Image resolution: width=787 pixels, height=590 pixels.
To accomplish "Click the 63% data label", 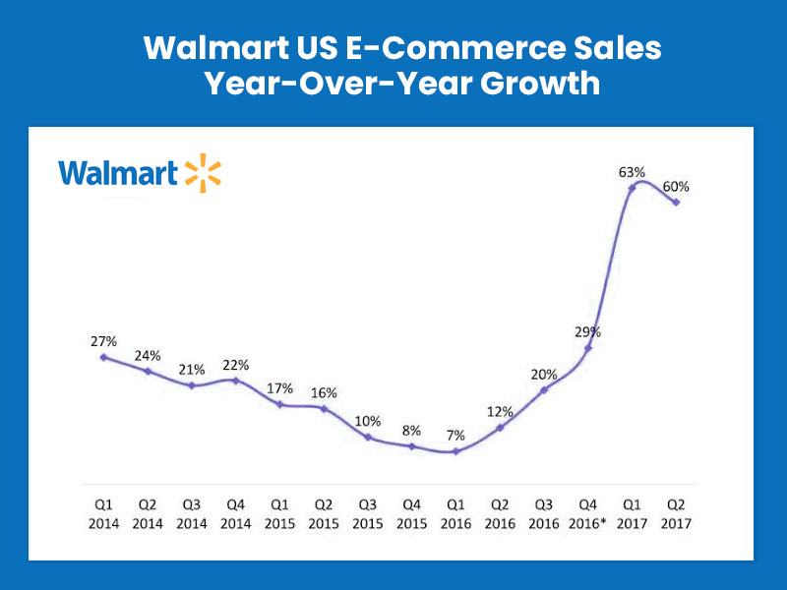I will click(632, 172).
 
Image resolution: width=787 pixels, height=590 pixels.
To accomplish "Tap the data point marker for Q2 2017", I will click(675, 203).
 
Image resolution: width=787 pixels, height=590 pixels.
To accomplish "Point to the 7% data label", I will click(454, 435).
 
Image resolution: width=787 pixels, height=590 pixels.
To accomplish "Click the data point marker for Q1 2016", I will click(454, 451).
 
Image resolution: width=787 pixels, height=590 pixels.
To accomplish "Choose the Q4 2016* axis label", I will click(588, 516).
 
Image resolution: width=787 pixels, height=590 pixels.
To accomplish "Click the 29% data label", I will click(588, 332).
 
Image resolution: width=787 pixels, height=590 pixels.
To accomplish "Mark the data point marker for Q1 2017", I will click(632, 187).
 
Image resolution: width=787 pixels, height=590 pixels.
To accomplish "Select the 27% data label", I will click(103, 341).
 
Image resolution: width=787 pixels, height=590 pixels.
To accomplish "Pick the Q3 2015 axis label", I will click(367, 516).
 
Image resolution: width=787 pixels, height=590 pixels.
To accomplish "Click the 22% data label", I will click(235, 365).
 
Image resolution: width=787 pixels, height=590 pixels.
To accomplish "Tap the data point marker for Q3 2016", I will click(543, 390).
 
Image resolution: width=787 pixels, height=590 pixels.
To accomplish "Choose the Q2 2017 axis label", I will click(675, 516).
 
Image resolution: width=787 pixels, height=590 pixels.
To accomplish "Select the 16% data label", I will click(324, 392).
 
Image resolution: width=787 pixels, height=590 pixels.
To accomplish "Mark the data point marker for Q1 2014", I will click(103, 357).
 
